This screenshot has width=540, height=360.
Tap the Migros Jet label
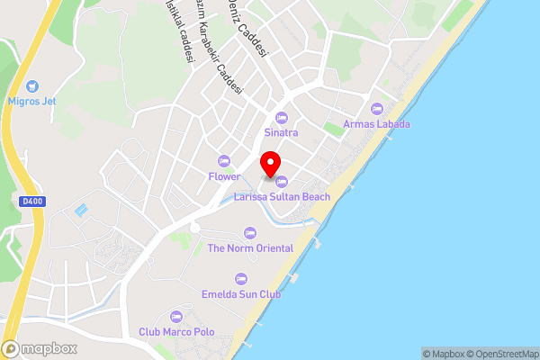[x=31, y=102]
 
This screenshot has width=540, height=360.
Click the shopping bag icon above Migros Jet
[x=31, y=86]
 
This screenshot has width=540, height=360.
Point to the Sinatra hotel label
[x=280, y=132]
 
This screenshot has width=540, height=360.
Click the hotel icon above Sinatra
[x=281, y=117]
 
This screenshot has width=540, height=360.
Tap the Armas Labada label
[x=377, y=124]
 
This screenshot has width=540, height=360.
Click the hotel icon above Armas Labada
[x=377, y=108]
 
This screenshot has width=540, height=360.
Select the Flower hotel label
[x=223, y=175]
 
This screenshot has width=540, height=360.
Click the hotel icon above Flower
[x=224, y=161]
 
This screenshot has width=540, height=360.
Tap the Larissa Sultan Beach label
[x=282, y=196]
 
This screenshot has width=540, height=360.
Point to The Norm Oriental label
[x=250, y=248]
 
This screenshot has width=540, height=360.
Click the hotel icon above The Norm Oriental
[x=250, y=232]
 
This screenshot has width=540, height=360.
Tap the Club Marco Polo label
[x=177, y=332]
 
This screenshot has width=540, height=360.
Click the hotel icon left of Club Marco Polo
[x=176, y=316]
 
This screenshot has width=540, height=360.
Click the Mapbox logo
[x=40, y=348]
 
